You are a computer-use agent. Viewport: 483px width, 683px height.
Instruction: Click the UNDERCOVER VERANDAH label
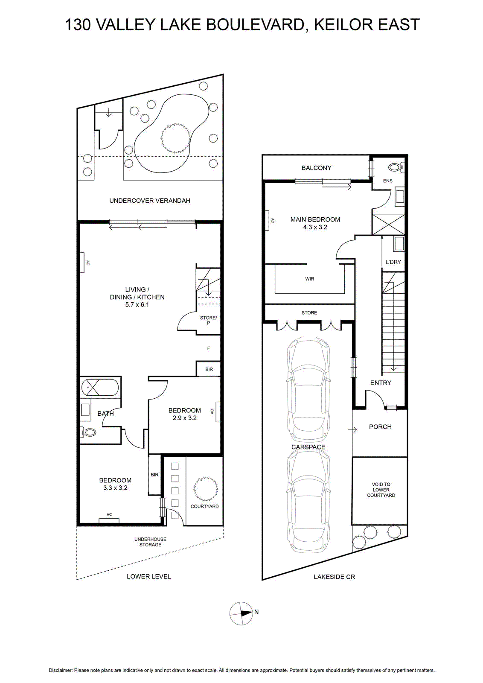(150, 201)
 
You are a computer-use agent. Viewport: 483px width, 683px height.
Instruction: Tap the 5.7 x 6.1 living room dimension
(137, 304)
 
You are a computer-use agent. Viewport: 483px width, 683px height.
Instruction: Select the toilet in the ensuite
(396, 167)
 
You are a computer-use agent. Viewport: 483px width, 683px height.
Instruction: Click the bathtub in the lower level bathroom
(99, 388)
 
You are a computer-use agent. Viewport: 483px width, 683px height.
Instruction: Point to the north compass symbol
(241, 612)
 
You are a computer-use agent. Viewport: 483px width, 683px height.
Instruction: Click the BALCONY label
(316, 168)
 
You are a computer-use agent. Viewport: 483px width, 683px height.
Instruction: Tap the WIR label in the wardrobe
(310, 279)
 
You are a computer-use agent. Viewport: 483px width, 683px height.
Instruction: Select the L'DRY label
(393, 262)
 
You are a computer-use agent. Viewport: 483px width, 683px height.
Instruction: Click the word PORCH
(380, 427)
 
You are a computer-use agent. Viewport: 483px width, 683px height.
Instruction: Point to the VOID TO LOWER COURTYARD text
(381, 490)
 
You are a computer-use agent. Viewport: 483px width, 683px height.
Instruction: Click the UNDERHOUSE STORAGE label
(150, 542)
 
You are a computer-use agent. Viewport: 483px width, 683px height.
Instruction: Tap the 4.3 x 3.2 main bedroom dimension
(315, 227)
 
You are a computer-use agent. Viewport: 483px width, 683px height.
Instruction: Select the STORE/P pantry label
(209, 320)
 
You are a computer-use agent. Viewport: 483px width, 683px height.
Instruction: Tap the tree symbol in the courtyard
(206, 488)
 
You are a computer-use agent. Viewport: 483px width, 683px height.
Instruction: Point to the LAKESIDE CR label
(334, 577)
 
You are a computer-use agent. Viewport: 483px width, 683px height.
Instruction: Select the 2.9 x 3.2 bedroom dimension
(185, 418)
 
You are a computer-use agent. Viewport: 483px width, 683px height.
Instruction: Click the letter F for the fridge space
(209, 348)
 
